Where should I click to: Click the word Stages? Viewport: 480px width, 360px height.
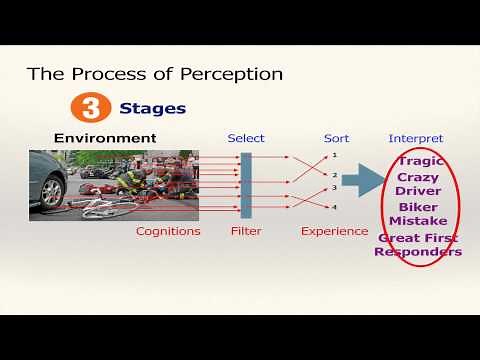click(x=152, y=108)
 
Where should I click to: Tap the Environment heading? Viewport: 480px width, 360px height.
click(x=105, y=137)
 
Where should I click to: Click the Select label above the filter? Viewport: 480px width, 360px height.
click(x=246, y=138)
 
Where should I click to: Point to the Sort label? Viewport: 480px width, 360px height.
click(x=336, y=138)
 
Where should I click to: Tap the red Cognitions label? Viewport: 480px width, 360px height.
click(x=168, y=231)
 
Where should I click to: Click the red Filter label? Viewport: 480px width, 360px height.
click(x=245, y=231)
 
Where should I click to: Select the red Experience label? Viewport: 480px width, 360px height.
click(x=335, y=231)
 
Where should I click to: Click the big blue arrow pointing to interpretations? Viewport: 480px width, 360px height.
click(x=363, y=181)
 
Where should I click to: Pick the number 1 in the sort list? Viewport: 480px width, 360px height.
click(x=335, y=155)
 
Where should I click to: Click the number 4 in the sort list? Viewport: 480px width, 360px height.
click(x=335, y=207)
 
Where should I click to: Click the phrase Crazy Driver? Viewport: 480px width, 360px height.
click(x=418, y=184)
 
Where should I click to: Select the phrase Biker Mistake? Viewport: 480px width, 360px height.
click(x=418, y=214)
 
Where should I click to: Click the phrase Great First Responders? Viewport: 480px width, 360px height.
click(x=418, y=245)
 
